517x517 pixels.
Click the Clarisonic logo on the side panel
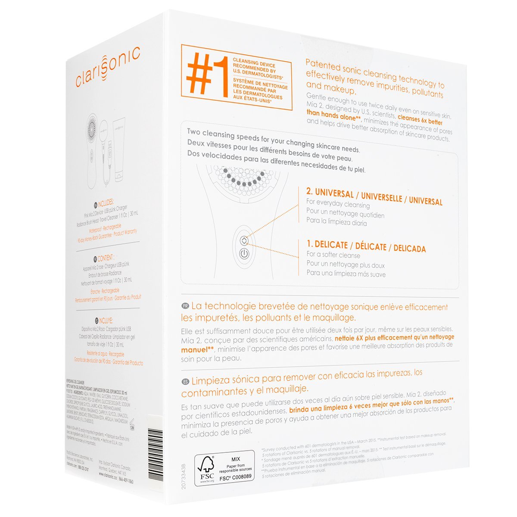click(x=108, y=68)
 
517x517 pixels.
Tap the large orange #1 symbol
click(x=206, y=75)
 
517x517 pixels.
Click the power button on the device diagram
click(x=244, y=254)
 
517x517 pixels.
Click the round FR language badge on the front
click(x=186, y=306)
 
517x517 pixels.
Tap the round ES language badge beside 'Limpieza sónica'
click(x=186, y=381)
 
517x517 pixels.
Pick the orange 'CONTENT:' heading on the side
click(x=105, y=258)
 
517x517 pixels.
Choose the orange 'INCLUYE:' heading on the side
click(x=105, y=321)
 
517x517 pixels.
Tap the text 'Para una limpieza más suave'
click(x=346, y=274)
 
